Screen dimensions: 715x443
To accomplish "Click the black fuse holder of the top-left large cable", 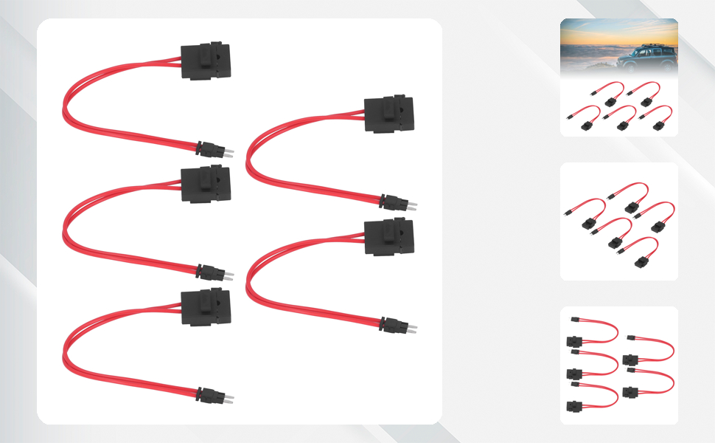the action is pyautogui.click(x=206, y=61).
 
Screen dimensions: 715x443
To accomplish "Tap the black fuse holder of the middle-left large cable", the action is pyautogui.click(x=206, y=184).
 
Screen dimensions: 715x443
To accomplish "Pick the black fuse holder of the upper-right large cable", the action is pyautogui.click(x=388, y=114).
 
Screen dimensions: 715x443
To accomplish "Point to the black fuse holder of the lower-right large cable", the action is pyautogui.click(x=388, y=236).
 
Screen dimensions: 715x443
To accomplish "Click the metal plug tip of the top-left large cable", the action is pyautogui.click(x=229, y=151).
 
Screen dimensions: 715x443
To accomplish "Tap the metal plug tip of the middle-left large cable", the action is pyautogui.click(x=229, y=275).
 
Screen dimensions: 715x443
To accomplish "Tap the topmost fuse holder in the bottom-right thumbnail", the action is pyautogui.click(x=574, y=342).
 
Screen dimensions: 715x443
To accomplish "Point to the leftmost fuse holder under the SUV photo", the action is pyautogui.click(x=587, y=126).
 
